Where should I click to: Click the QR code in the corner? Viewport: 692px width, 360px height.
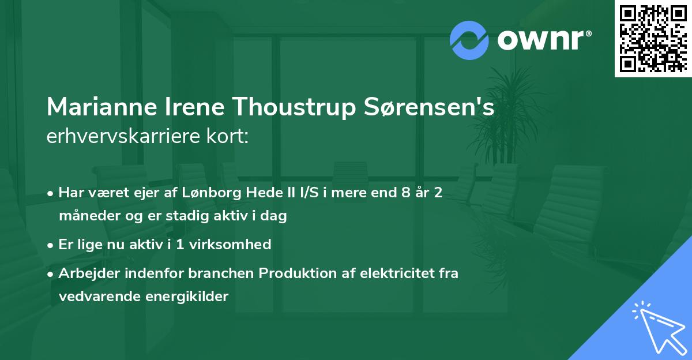653,39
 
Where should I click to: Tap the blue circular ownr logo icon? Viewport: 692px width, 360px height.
469,40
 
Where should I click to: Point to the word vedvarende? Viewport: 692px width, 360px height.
92,297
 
